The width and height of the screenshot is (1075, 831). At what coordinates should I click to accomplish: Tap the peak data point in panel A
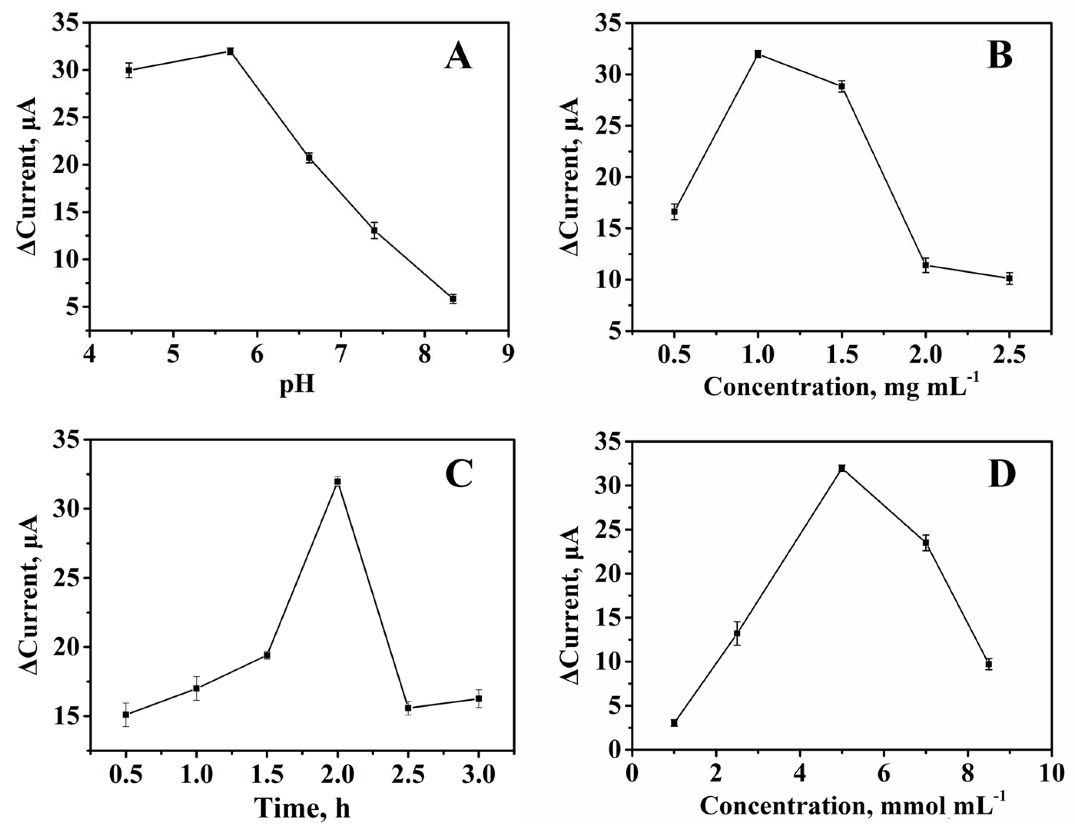[230, 51]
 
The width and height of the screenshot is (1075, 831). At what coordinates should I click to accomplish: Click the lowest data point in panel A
[453, 299]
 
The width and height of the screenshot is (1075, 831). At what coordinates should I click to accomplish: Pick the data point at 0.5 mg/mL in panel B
[674, 212]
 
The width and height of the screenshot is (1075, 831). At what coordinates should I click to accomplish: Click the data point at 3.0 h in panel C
[479, 699]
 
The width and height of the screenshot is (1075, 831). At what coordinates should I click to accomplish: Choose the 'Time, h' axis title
[302, 807]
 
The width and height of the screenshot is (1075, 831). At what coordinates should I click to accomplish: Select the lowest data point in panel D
[674, 723]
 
